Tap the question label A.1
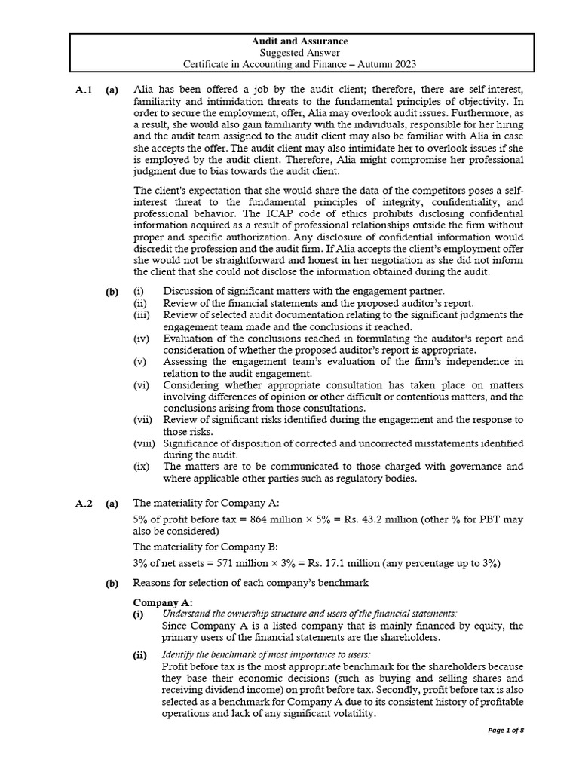click(84, 90)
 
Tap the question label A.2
click(84, 503)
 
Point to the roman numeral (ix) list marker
click(141, 467)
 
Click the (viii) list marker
click(143, 443)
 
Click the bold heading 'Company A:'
click(163, 602)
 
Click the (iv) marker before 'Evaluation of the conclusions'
click(142, 339)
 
